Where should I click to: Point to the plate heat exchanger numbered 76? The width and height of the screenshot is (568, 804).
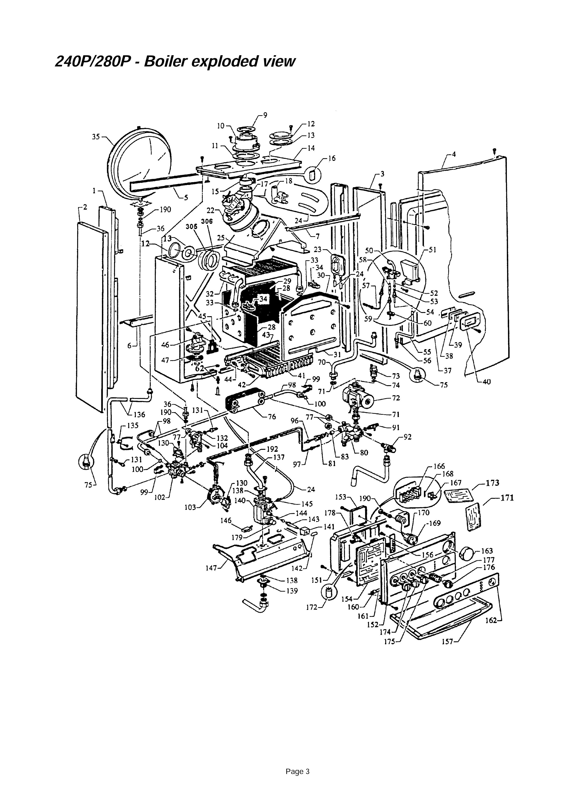245,403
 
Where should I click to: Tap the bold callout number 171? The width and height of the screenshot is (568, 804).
507,498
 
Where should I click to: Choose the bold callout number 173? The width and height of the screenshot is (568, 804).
492,483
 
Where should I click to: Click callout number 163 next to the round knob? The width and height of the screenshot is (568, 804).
487,551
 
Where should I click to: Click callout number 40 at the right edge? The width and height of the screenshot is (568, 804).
486,382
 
